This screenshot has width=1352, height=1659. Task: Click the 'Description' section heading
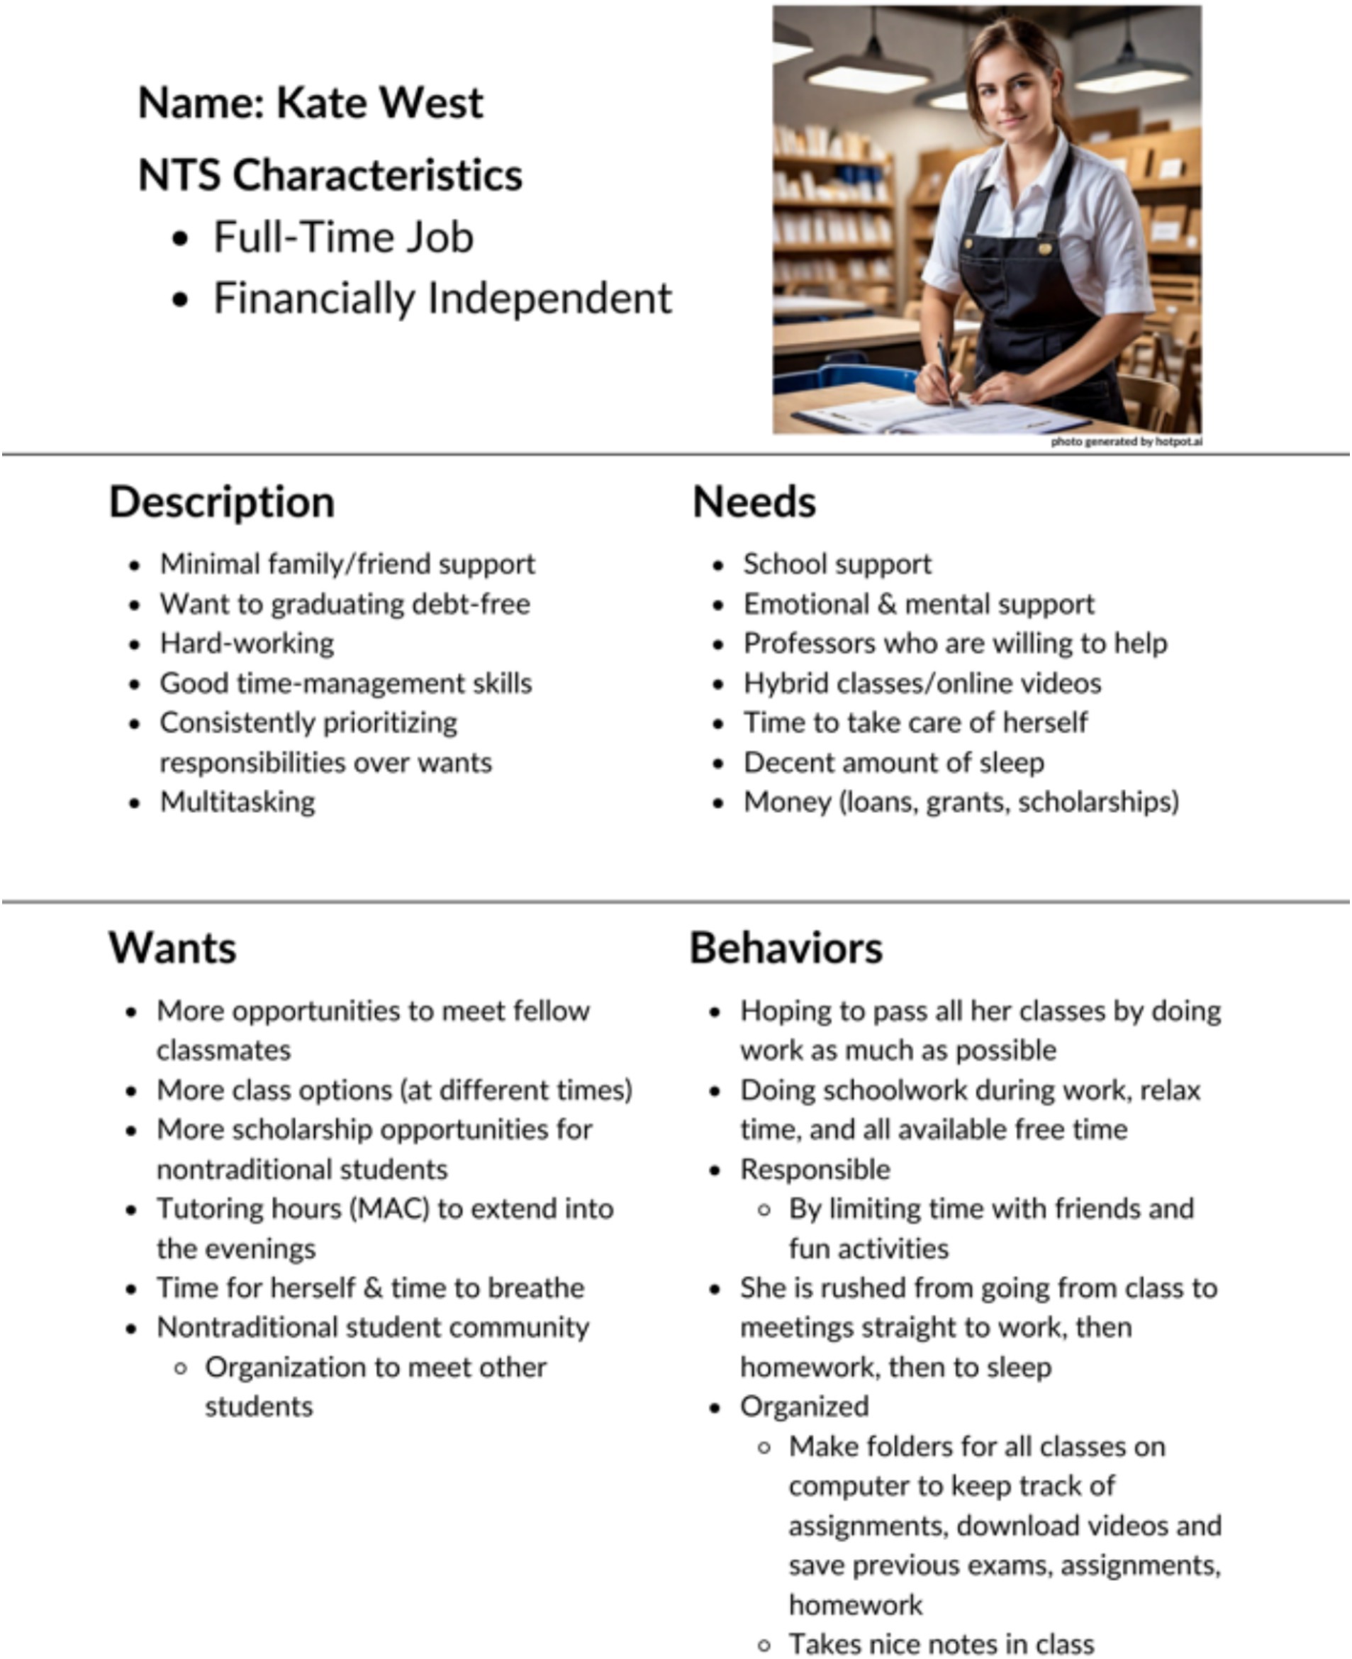point(222,503)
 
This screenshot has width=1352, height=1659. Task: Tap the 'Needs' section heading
point(754,503)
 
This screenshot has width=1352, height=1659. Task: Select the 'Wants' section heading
point(172,949)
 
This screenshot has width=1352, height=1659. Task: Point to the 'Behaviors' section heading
point(786,949)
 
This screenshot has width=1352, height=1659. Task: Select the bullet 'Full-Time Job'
point(342,238)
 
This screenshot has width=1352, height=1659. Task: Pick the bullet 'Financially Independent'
point(442,298)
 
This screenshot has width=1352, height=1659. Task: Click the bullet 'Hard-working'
point(247,643)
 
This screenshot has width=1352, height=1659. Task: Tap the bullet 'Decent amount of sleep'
point(893,763)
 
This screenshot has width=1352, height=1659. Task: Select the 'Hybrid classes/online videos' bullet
point(922,683)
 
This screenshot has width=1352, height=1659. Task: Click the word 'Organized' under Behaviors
point(805,1407)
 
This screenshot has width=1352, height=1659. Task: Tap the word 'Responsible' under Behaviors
point(815,1169)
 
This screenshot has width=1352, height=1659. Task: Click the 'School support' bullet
point(837,564)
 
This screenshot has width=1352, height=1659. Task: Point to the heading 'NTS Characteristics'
point(330,175)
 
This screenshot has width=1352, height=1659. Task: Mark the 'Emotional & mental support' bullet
point(919,603)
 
